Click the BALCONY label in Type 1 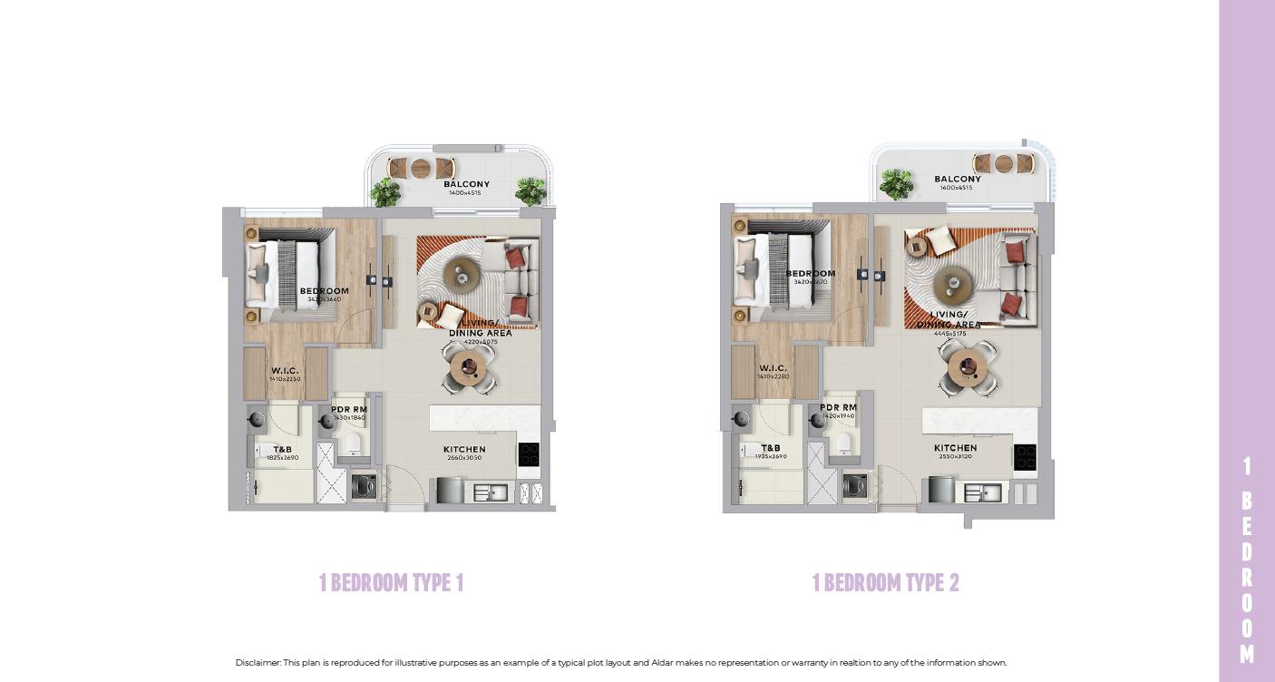(466, 184)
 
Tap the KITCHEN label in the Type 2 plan (955, 448)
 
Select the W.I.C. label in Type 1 (284, 371)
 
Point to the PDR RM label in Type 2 (838, 408)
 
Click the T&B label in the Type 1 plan (282, 450)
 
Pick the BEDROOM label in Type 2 (811, 274)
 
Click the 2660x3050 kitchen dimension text (464, 458)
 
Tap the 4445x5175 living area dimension (950, 334)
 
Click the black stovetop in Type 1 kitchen (529, 454)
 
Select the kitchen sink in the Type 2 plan (981, 492)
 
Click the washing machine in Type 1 (364, 487)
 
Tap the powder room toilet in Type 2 (844, 442)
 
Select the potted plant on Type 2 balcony (896, 183)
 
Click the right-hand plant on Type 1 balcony (530, 190)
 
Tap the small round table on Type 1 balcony (421, 169)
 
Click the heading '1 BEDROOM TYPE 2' (885, 582)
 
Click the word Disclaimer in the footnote (258, 663)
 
